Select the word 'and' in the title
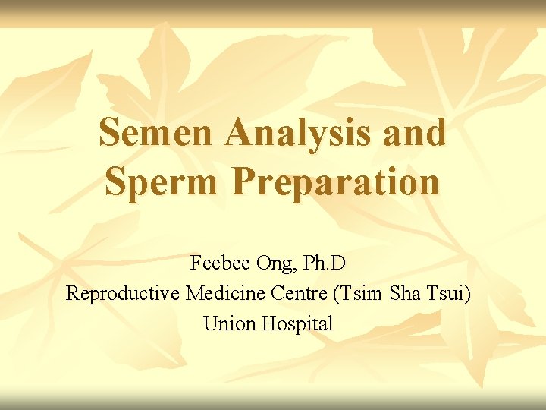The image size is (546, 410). tap(415, 133)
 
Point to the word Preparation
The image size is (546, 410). tap(335, 182)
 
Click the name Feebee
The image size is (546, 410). tap(220, 263)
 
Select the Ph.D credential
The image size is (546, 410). tap(324, 263)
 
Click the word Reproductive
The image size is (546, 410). tap(122, 293)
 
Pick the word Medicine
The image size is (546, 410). tap(221, 293)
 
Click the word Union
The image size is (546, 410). tap(230, 323)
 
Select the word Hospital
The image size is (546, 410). tap(297, 324)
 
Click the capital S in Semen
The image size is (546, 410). tap(110, 133)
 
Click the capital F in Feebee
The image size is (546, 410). tap(196, 263)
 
